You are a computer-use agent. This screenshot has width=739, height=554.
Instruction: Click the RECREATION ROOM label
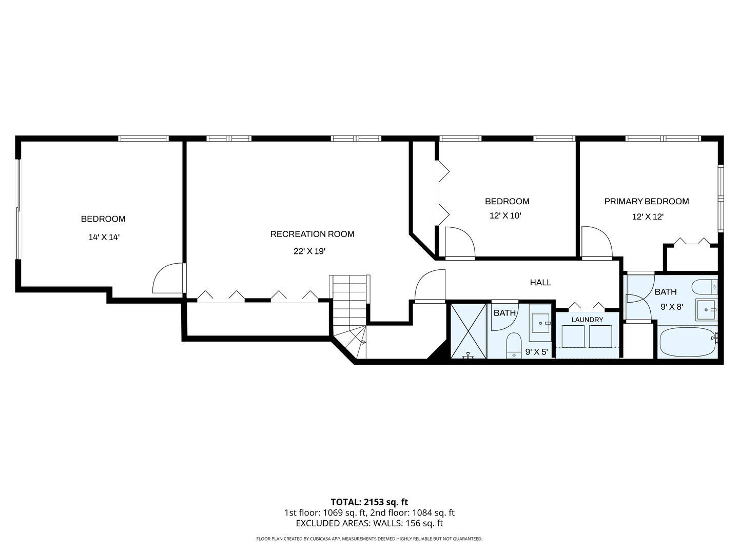[x=312, y=234]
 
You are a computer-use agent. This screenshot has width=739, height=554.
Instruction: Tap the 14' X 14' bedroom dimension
[x=104, y=237]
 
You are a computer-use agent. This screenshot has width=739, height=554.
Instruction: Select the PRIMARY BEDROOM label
[x=647, y=201]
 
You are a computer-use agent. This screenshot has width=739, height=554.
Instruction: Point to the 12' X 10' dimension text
[x=505, y=215]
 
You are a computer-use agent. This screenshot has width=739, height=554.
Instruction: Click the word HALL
[x=540, y=282]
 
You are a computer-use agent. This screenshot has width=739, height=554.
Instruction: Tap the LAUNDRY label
[x=587, y=320]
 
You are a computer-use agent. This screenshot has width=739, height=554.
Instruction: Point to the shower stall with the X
[x=469, y=331]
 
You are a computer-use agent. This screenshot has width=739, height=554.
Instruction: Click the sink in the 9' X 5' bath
[x=540, y=323]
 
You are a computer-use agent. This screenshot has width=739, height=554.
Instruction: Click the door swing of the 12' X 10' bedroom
[x=460, y=242]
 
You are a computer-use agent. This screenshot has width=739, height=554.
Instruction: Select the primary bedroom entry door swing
[x=597, y=241]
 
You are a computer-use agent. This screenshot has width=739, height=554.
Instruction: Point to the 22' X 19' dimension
[x=309, y=251]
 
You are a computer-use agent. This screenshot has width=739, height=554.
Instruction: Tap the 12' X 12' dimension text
[x=648, y=216]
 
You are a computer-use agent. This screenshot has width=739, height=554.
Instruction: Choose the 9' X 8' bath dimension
[x=672, y=307]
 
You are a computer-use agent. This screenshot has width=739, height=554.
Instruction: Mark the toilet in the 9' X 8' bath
[x=704, y=287]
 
